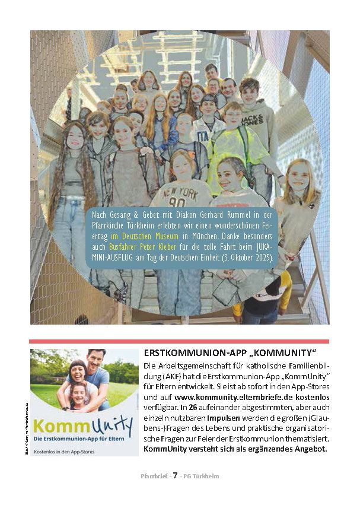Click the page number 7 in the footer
tap(176, 475)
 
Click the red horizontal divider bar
tap(179, 341)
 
